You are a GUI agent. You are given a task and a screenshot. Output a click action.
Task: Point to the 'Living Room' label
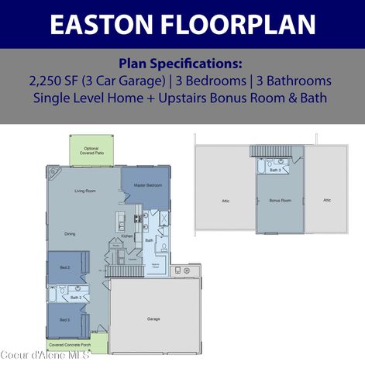click(x=84, y=190)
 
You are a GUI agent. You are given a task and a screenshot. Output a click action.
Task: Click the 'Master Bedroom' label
click(x=147, y=184)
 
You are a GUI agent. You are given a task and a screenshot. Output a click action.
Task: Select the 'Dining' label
click(x=70, y=233)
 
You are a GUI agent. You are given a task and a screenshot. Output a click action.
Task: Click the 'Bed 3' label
click(x=64, y=319)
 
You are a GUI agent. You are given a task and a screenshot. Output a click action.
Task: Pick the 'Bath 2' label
click(x=76, y=297)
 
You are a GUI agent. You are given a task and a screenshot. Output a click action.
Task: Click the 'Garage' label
click(x=154, y=319)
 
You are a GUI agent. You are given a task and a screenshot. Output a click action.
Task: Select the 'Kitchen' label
click(x=127, y=236)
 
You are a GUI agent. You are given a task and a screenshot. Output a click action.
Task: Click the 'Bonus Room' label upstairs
click(x=280, y=200)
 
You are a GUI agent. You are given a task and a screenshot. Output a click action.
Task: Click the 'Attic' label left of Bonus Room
click(x=226, y=200)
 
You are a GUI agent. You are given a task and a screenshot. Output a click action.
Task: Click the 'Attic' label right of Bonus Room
click(x=327, y=200)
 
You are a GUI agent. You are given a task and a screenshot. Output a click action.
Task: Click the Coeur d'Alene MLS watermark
click(x=45, y=355)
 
